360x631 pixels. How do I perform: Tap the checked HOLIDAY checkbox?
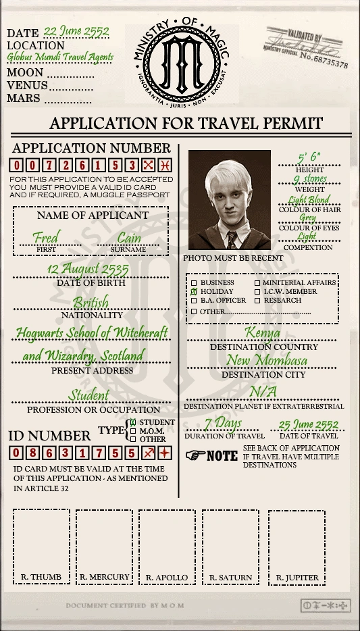[x=195, y=292]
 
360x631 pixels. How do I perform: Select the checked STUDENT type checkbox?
[x=133, y=422]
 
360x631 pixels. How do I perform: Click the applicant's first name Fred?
[x=46, y=238]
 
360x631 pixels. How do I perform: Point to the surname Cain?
[x=129, y=238]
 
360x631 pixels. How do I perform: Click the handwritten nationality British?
[x=91, y=302]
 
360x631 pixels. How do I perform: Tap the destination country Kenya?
[x=263, y=333]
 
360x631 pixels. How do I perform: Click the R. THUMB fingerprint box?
[x=41, y=546]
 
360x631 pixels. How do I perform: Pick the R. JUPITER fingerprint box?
[x=297, y=546]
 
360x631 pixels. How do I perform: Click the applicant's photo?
[x=230, y=200]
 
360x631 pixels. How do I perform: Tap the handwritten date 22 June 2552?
[x=76, y=31]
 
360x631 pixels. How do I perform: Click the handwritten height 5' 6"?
[x=309, y=159]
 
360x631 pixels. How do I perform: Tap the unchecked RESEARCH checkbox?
[x=257, y=301]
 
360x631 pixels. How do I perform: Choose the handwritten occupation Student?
[x=88, y=395]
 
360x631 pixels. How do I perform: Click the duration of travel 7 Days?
[x=223, y=424]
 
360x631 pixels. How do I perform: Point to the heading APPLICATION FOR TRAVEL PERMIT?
[x=186, y=124]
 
